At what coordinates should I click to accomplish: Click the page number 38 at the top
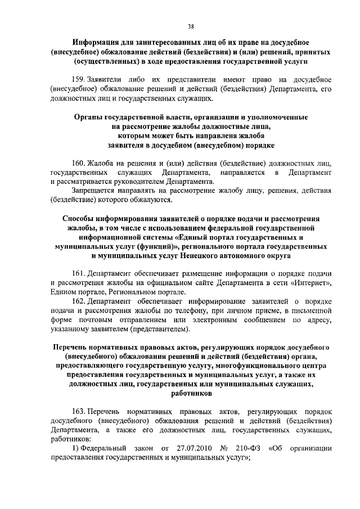180,25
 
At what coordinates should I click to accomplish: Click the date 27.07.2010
190,448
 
